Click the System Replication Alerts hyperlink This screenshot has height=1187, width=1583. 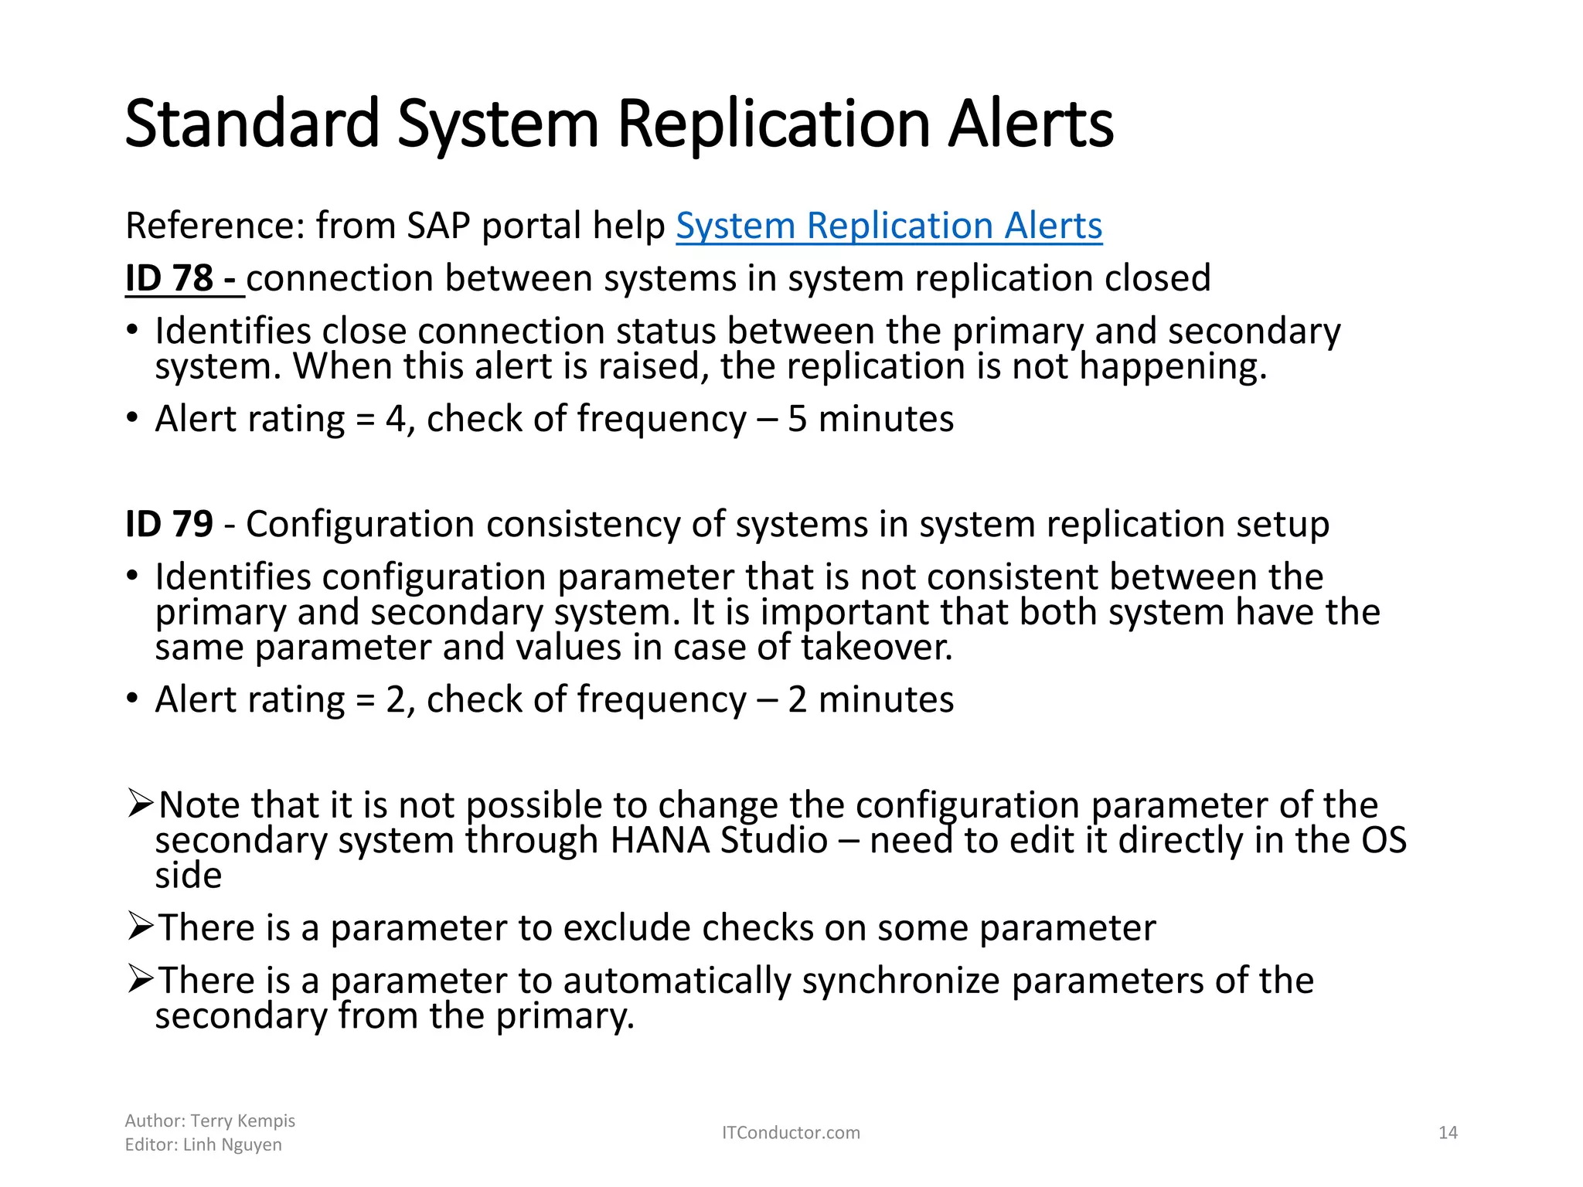(x=889, y=226)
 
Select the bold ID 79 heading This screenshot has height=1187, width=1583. (x=169, y=524)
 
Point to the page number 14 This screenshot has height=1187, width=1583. (x=1447, y=1133)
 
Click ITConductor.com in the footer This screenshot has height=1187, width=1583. (x=791, y=1133)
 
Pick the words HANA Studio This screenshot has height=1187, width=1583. (x=719, y=840)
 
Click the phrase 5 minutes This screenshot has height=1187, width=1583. (x=870, y=419)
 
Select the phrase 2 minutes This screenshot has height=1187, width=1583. (x=870, y=699)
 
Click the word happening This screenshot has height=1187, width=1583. (x=1173, y=366)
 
